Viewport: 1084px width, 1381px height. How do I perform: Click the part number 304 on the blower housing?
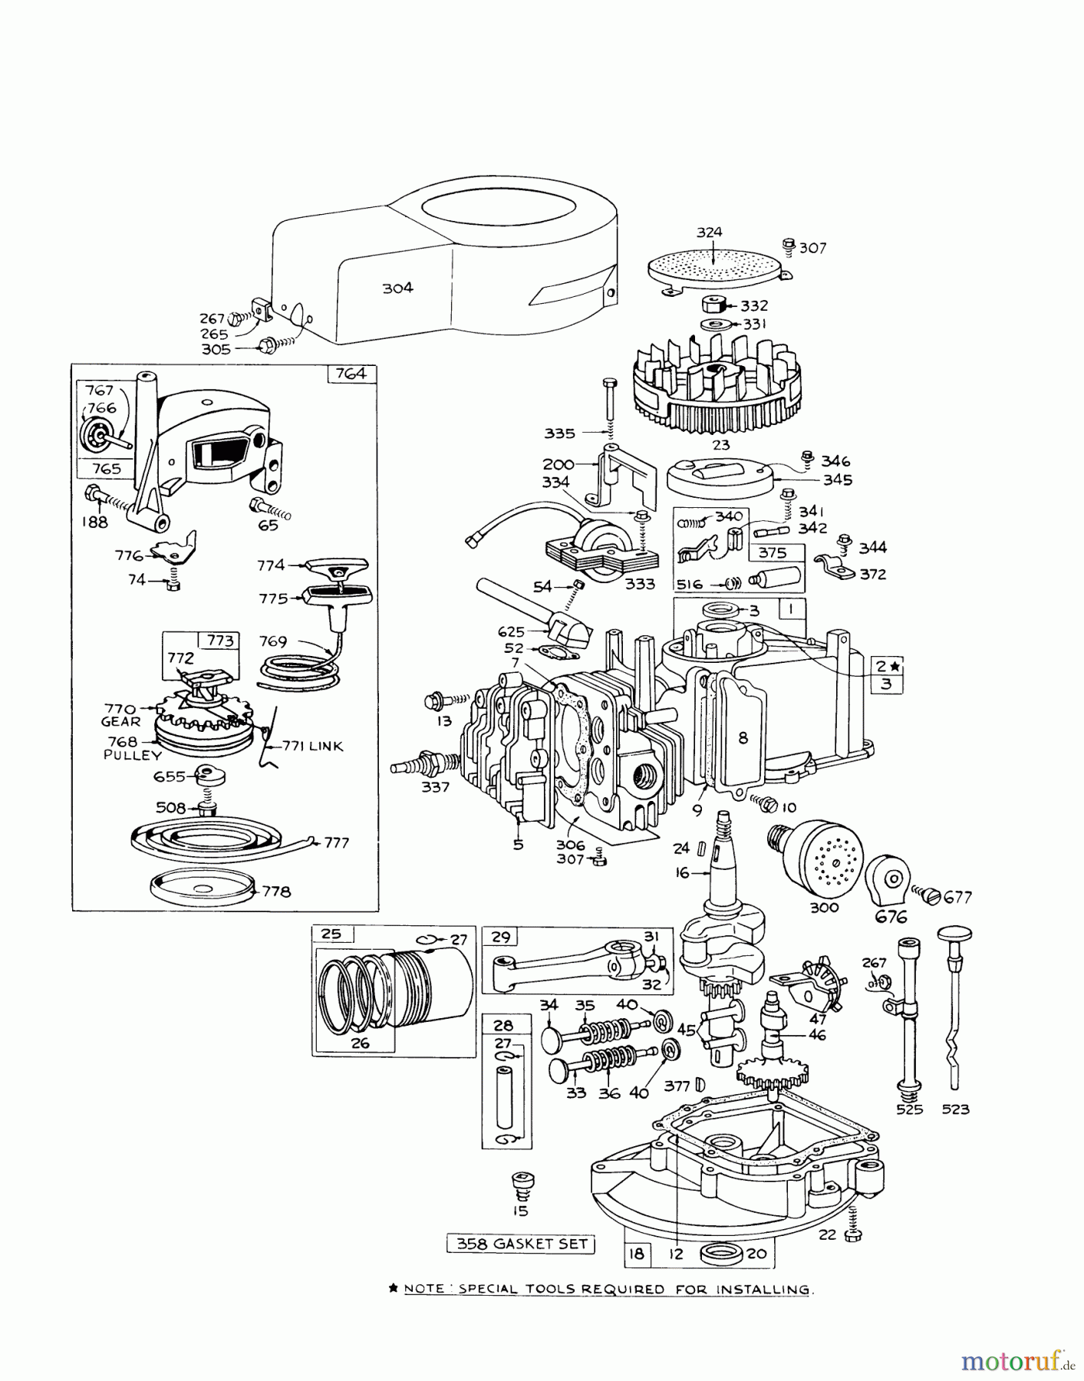pos(397,288)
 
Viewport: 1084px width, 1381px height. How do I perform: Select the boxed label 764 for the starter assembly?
pos(351,374)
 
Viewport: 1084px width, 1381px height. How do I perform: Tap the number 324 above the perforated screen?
pos(709,232)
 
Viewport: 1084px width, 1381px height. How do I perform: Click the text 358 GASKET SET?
pos(521,1244)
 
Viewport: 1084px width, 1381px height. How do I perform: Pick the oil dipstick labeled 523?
pos(954,1020)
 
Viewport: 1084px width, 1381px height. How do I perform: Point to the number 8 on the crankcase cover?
pos(743,738)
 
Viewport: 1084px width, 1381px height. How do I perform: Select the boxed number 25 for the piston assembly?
pos(331,934)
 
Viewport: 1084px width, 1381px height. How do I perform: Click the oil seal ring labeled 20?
pos(722,1254)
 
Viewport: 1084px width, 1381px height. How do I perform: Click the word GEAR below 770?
pos(120,721)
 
